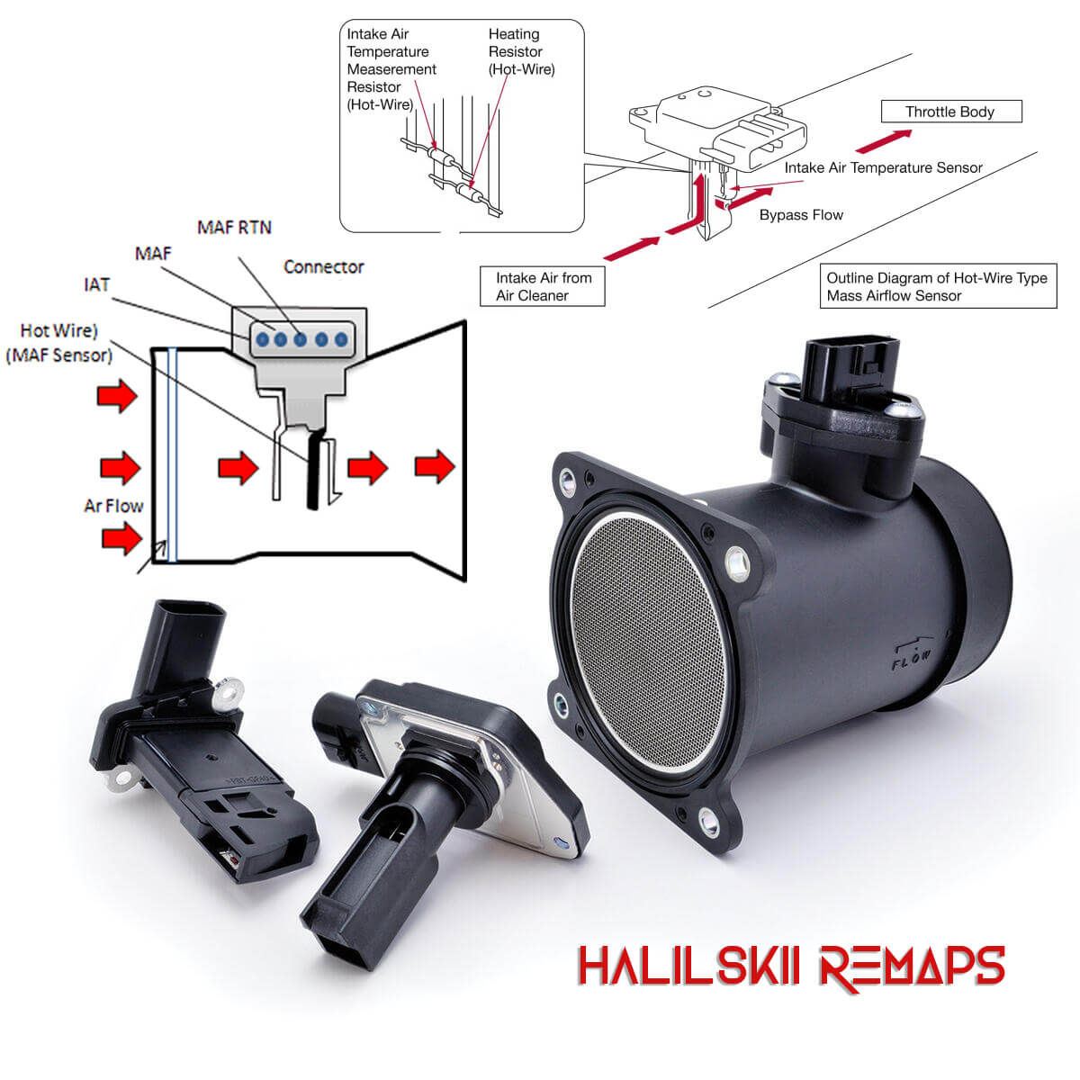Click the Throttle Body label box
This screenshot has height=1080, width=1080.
[x=951, y=111]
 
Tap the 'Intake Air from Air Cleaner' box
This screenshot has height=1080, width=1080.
[x=542, y=286]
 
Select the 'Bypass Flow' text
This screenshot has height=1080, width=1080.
[x=801, y=215]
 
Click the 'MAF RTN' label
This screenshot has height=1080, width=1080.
[x=234, y=227]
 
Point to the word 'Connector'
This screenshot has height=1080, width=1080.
[x=323, y=266]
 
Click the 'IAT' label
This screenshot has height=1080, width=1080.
[x=96, y=284]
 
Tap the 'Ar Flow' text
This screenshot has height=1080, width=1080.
[x=113, y=506]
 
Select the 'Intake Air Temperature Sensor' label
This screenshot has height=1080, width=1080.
[x=883, y=167]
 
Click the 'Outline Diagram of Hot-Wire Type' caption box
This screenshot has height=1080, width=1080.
[x=938, y=286]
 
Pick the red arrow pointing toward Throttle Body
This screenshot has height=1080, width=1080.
[x=884, y=141]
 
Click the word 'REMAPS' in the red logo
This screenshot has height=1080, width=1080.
[x=912, y=967]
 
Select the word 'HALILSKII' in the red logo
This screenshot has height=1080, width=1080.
[x=688, y=965]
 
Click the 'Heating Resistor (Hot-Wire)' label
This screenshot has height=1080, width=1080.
[x=521, y=51]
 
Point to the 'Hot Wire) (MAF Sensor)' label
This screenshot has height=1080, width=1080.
[x=58, y=343]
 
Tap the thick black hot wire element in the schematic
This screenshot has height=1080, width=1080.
[x=314, y=470]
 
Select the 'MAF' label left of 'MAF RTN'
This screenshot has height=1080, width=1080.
[x=153, y=253]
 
